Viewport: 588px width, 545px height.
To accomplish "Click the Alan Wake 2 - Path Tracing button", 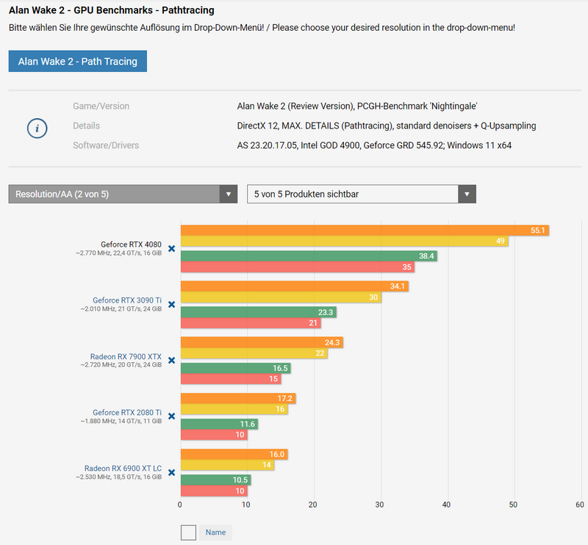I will pyautogui.click(x=78, y=62).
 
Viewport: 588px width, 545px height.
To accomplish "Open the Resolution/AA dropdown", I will pyautogui.click(x=123, y=194).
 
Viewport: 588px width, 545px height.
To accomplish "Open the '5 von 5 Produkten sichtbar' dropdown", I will pyautogui.click(x=361, y=194).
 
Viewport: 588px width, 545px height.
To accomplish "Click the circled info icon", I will pyautogui.click(x=37, y=129).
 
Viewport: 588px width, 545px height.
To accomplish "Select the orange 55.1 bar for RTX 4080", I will pyautogui.click(x=365, y=231).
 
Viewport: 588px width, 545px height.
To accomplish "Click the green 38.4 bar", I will pyautogui.click(x=309, y=256).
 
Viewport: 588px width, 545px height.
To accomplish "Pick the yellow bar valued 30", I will pyautogui.click(x=281, y=297).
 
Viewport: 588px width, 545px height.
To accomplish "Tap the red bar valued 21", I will pyautogui.click(x=251, y=323).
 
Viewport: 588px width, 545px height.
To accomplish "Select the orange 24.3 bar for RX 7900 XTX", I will pyautogui.click(x=262, y=342).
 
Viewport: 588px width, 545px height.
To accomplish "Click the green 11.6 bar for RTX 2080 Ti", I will pyautogui.click(x=219, y=424).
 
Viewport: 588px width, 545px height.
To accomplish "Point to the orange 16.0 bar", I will pyautogui.click(x=234, y=454).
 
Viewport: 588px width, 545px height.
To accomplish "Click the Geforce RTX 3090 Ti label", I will pyautogui.click(x=127, y=300).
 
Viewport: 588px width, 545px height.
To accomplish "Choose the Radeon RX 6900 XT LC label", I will pyautogui.click(x=123, y=468).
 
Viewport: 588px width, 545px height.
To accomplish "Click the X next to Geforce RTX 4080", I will pyautogui.click(x=171, y=248).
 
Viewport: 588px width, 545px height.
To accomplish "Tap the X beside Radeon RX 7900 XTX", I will pyautogui.click(x=171, y=360).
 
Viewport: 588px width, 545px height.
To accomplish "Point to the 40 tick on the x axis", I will pyautogui.click(x=447, y=505).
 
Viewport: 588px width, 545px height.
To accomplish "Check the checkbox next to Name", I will pyautogui.click(x=188, y=533).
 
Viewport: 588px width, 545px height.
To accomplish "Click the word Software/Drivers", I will pyautogui.click(x=106, y=145).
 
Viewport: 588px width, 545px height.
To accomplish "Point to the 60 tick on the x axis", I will pyautogui.click(x=580, y=505).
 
